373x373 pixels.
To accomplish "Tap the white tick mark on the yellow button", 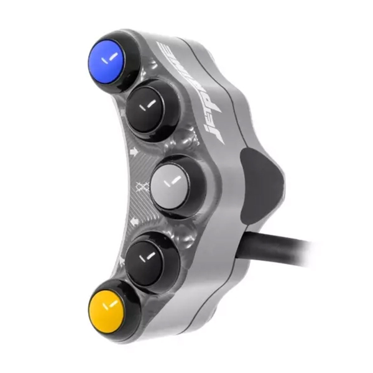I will [x=111, y=305].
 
